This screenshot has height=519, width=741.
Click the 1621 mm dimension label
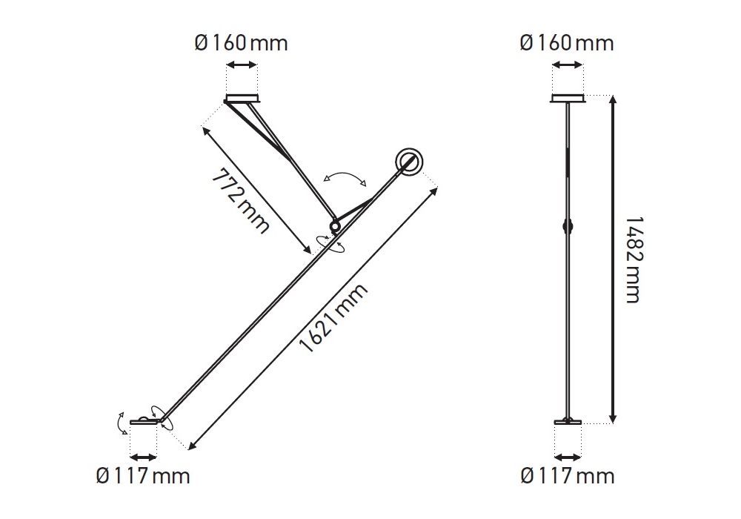click(333, 318)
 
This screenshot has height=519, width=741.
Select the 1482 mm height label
click(634, 259)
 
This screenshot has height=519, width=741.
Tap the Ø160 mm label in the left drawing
click(241, 44)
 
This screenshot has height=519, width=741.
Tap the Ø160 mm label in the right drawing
click(567, 43)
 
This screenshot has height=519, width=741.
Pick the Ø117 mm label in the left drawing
click(143, 475)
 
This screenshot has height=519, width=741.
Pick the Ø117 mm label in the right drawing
click(568, 475)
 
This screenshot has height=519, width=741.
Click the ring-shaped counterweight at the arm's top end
click(409, 162)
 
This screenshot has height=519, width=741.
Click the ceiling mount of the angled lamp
click(242, 99)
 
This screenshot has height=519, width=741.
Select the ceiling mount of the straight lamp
click(568, 99)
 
